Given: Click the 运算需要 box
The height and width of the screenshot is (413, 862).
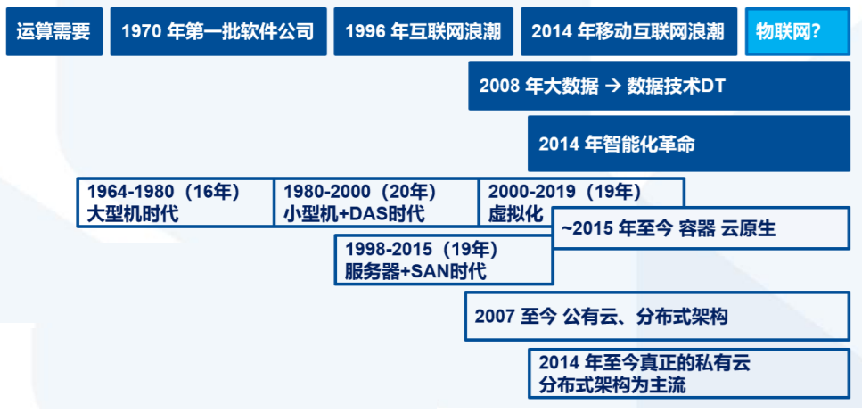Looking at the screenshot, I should click(53, 32).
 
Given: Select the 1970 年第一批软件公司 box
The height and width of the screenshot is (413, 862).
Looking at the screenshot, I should click(218, 32).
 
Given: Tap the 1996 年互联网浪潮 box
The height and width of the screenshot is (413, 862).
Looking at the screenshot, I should click(422, 32).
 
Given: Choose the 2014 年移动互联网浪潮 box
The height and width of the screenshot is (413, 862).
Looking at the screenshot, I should click(628, 32).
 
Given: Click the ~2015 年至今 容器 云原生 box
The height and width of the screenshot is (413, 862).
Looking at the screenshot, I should click(700, 229).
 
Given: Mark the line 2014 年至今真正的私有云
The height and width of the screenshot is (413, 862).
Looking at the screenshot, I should click(639, 364).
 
